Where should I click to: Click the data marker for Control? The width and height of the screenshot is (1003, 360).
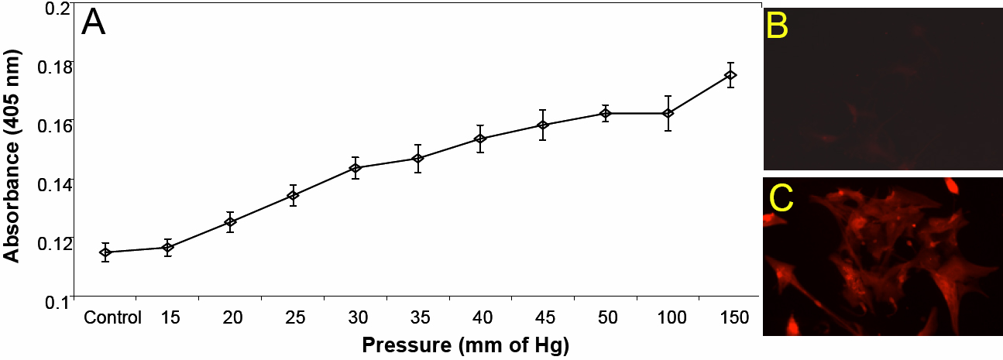tap(105, 252)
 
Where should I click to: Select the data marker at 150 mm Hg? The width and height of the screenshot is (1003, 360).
tap(730, 75)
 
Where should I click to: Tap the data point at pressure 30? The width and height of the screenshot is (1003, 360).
tap(356, 168)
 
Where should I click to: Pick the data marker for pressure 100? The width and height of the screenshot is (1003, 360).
tap(668, 113)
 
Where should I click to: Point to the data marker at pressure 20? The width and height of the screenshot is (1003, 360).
tap(230, 222)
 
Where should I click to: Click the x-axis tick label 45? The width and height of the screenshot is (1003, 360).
tap(544, 317)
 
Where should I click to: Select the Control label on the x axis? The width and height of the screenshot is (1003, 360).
tap(112, 317)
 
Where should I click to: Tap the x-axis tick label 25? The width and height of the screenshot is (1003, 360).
tap(294, 317)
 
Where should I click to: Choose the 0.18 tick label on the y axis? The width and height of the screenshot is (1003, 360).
tap(53, 66)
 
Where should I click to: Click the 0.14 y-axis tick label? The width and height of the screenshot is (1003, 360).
tap(53, 183)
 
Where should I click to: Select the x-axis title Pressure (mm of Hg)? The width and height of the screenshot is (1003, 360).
tap(465, 345)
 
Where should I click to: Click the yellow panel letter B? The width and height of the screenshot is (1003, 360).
tap(777, 26)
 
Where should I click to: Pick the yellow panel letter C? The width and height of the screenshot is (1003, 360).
tap(781, 199)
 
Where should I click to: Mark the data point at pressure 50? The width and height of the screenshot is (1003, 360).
tap(606, 114)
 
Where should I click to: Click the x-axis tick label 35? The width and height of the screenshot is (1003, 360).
tap(418, 317)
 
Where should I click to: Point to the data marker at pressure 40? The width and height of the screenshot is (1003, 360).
tap(480, 139)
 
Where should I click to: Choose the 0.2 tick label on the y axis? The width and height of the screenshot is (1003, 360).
tap(57, 8)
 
